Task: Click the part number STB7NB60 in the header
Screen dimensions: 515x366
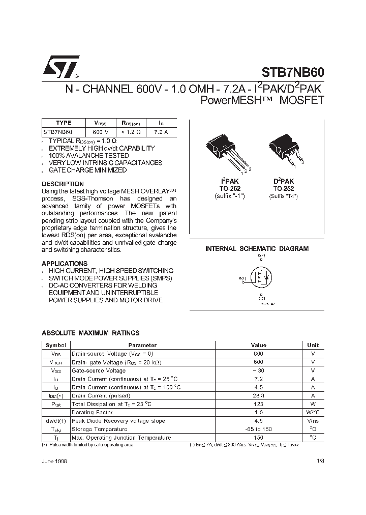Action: (x=293, y=73)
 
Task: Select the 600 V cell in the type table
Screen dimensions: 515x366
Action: (x=97, y=131)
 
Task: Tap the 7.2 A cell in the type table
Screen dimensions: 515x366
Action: (x=161, y=131)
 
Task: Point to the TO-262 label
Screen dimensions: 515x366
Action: (x=230, y=188)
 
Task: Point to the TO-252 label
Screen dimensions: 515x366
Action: (x=284, y=188)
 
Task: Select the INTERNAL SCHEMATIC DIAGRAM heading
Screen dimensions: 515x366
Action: (x=257, y=249)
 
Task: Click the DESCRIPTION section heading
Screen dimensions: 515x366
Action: (x=63, y=184)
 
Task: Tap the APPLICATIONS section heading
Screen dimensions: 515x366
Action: (x=64, y=264)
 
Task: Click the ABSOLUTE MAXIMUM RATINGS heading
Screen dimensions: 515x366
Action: (x=90, y=333)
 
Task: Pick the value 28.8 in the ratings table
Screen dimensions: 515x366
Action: (x=258, y=395)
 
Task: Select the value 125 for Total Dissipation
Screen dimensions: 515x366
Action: (x=258, y=404)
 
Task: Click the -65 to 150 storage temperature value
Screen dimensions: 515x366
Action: (x=258, y=429)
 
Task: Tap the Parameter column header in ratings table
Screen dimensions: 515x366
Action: (x=143, y=345)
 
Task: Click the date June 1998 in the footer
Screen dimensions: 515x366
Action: (x=54, y=461)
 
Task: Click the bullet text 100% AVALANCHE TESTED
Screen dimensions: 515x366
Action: (x=88, y=155)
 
